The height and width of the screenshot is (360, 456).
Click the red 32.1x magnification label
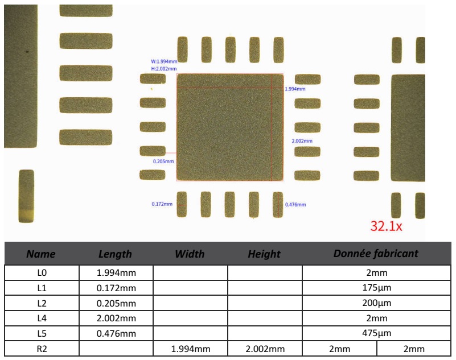pos(387,226)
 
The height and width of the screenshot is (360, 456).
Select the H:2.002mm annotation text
pos(163,68)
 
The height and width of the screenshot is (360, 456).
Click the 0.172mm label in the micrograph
pos(162,204)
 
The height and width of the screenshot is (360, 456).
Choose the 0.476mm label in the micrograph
pos(295,204)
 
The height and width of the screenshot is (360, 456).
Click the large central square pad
pos(230,127)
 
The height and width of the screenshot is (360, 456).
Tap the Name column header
pos(41,254)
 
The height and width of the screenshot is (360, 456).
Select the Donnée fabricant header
pos(376,254)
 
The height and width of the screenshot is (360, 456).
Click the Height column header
pos(265,254)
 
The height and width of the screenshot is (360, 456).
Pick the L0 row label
pos(41,273)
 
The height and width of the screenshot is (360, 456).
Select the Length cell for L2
pos(116,303)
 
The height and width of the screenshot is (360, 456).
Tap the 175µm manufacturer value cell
pos(376,288)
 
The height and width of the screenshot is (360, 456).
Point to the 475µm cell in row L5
pos(376,332)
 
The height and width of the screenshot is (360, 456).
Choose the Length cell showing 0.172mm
pos(116,288)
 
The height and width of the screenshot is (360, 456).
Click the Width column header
pos(190,254)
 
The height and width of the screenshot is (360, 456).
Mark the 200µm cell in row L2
pos(376,303)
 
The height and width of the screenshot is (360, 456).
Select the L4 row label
pos(41,317)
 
